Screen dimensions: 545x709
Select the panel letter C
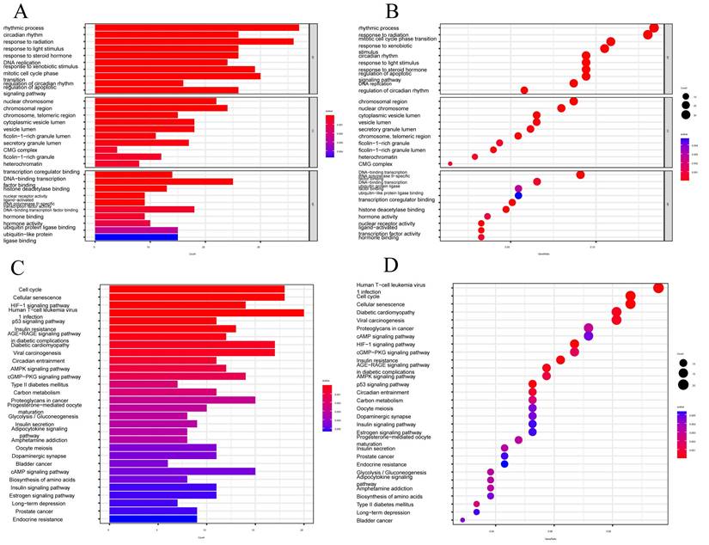[x=19, y=267]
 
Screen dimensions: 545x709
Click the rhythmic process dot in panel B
[x=655, y=28]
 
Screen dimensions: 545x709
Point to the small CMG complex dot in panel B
[x=450, y=163]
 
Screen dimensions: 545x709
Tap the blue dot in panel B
[x=518, y=196]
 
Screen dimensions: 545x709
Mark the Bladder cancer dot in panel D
[x=462, y=520]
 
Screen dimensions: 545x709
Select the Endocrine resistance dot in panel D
[x=504, y=464]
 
